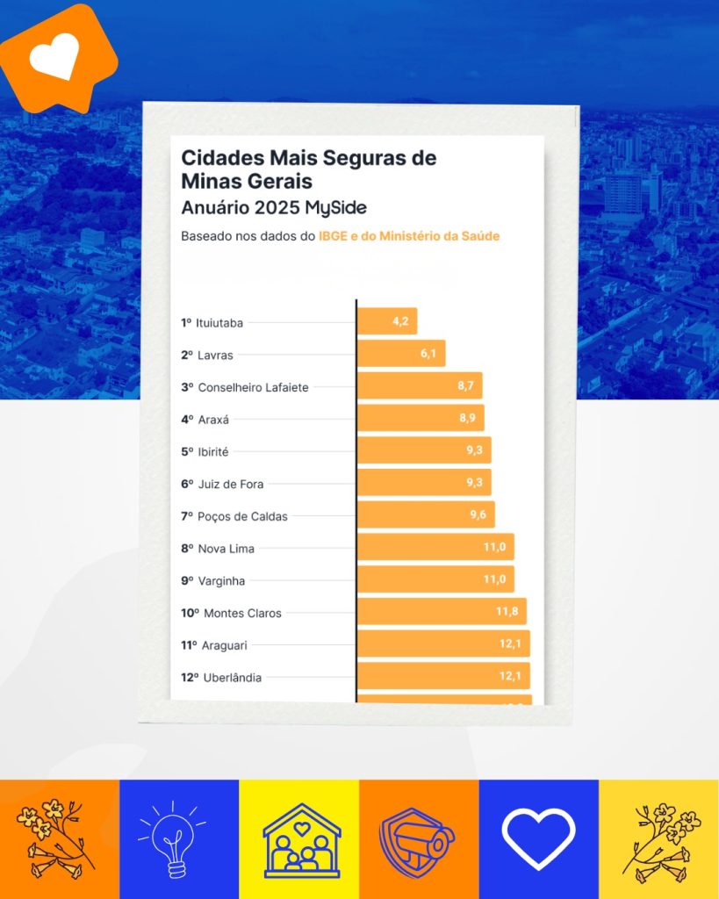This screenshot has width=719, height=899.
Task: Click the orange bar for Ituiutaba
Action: click(x=386, y=321)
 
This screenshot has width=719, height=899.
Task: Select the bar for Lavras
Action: click(x=401, y=354)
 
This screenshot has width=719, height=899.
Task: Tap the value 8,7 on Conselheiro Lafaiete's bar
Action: click(x=467, y=386)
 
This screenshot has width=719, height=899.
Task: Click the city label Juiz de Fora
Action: click(x=231, y=484)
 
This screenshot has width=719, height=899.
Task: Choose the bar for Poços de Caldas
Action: click(x=425, y=515)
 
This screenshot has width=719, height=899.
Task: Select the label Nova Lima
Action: click(x=226, y=549)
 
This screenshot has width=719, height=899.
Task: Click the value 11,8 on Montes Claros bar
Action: click(x=507, y=612)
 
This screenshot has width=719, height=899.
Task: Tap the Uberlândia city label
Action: click(x=232, y=677)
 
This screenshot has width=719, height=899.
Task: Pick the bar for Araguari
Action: click(x=442, y=644)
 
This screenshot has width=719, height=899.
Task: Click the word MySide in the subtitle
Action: click(x=336, y=208)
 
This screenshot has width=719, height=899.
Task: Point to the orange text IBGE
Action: click(x=334, y=236)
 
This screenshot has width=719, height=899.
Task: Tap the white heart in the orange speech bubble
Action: click(x=54, y=57)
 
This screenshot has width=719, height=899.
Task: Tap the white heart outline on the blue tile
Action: click(x=538, y=838)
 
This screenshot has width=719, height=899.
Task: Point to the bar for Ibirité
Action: click(x=423, y=451)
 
